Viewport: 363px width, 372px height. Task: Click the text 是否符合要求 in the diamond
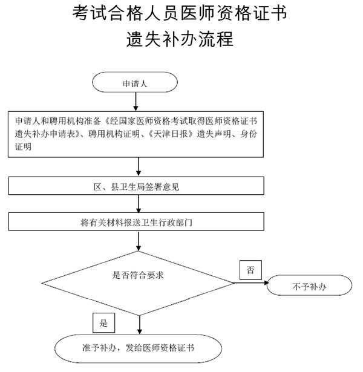(x=138, y=275)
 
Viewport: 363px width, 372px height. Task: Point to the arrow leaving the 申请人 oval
(x=136, y=102)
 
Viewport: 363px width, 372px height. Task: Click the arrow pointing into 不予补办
(x=251, y=283)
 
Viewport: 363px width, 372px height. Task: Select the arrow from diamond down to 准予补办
(x=140, y=325)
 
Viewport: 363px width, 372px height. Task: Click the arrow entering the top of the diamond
(x=139, y=241)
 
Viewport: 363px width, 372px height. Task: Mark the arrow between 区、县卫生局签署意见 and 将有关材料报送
(x=139, y=204)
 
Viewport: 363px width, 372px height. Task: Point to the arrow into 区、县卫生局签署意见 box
(x=139, y=166)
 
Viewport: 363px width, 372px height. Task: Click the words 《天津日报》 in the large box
(x=171, y=134)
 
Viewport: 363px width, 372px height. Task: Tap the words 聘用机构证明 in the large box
(x=114, y=134)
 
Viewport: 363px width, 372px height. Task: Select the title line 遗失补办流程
(x=180, y=39)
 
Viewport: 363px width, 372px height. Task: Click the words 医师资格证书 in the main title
(x=234, y=13)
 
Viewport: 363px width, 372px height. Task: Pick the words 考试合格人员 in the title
(x=125, y=13)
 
